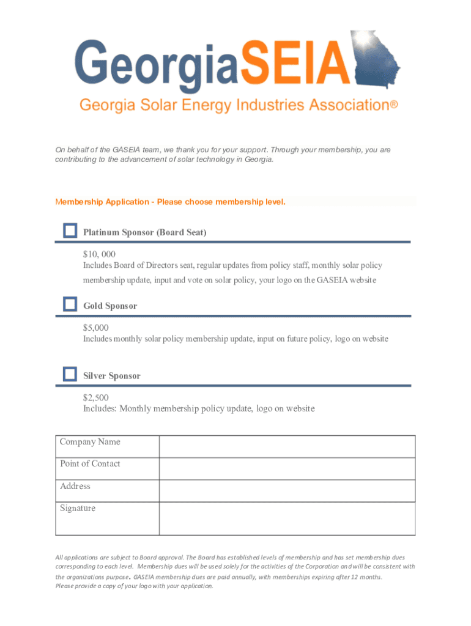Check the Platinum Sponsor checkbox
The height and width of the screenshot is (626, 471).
tap(70, 230)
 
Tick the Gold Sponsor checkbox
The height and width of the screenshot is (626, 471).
tap(70, 304)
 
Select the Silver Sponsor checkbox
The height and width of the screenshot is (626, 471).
tap(70, 374)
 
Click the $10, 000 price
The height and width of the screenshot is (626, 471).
tap(100, 254)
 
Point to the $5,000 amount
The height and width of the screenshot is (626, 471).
tap(96, 328)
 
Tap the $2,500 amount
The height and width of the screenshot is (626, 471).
tap(96, 397)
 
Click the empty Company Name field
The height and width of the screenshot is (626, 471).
tap(287, 447)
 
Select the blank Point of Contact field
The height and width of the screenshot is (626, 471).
tap(287, 469)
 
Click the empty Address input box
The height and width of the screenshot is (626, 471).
tap(287, 491)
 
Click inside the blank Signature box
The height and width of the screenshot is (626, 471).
tap(287, 518)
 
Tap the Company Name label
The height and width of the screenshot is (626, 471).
tap(90, 442)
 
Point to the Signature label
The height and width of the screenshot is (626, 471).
tap(78, 508)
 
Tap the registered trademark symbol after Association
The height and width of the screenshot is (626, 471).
tap(394, 105)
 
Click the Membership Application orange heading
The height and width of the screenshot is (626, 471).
tap(171, 202)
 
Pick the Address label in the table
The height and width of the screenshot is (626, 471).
tap(75, 486)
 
